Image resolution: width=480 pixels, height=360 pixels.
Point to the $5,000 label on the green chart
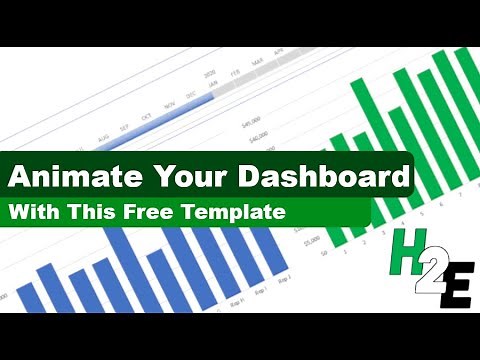(312, 240)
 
